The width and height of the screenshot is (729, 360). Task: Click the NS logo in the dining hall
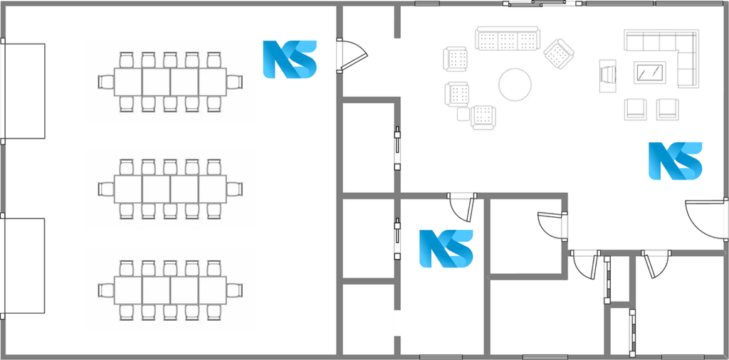tap(290, 59)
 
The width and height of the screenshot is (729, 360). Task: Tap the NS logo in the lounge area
tap(675, 161)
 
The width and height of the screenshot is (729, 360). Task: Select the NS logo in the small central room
tap(446, 248)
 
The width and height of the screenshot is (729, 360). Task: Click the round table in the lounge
tap(515, 85)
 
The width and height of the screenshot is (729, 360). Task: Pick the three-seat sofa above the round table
tap(507, 38)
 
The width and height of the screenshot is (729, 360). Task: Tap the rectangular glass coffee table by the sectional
tap(649, 73)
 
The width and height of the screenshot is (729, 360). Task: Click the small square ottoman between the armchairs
tap(463, 114)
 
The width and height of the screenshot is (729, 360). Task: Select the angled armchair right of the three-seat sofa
tap(559, 53)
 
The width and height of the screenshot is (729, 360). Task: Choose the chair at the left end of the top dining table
tap(105, 83)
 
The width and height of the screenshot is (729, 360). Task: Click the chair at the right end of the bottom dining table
tap(235, 290)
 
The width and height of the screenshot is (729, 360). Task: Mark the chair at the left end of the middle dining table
tap(105, 189)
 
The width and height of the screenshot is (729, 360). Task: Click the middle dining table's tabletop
tap(170, 189)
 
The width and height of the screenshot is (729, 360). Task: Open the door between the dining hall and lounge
tap(352, 55)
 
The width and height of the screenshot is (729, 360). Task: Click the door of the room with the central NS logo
tap(461, 207)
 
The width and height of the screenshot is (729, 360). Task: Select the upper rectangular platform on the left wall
tap(24, 91)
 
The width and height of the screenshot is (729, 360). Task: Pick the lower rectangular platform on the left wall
tap(24, 265)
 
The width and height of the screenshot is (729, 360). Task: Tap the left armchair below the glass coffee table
tap(636, 109)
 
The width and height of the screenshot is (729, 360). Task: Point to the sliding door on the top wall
tap(542, 4)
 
